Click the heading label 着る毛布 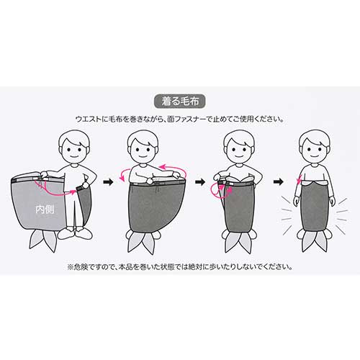click(x=179, y=102)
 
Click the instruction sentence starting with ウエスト click(x=179, y=119)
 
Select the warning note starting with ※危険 click(x=179, y=267)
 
